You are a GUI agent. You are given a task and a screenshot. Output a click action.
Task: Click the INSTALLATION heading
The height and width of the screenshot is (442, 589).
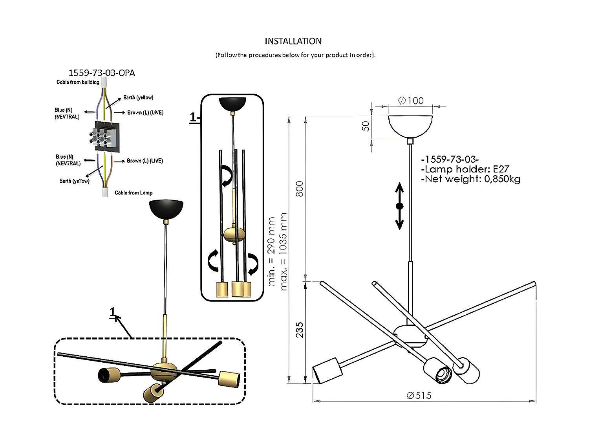[x=293, y=41]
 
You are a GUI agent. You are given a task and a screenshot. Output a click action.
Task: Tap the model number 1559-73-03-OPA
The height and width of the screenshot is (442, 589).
[x=102, y=73]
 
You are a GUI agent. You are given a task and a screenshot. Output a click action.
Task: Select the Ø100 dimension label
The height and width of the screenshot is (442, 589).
[x=411, y=101]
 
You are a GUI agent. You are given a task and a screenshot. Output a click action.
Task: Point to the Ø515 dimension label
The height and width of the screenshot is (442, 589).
[x=419, y=396]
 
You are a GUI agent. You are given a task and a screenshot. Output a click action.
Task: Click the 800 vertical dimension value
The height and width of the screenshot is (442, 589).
[x=300, y=189]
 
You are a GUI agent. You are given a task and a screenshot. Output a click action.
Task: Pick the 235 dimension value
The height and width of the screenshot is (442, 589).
[x=300, y=330]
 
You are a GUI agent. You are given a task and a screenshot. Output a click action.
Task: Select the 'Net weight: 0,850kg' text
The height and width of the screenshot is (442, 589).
[x=471, y=179]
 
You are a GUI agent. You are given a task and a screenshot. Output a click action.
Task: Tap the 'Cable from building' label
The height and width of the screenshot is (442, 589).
[x=78, y=82]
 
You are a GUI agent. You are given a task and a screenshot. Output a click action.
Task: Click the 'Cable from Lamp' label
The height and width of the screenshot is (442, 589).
[x=134, y=193]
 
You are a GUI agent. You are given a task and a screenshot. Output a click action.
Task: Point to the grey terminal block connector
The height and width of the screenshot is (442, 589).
[x=105, y=137]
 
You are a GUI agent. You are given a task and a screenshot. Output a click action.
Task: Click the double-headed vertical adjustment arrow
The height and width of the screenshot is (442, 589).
[x=399, y=206]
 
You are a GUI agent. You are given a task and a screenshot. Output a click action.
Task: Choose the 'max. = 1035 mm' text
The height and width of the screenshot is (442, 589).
[x=284, y=251]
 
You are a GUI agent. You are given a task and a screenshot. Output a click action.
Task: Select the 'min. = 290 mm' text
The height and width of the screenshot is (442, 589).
[x=271, y=251]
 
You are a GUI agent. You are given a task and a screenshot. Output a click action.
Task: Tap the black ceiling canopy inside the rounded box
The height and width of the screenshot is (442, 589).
[x=232, y=104]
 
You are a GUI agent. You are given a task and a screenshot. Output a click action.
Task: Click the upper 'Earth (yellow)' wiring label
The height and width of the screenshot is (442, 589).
[x=138, y=97]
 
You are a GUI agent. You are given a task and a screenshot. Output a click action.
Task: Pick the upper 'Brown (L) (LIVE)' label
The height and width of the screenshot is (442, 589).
[x=145, y=113]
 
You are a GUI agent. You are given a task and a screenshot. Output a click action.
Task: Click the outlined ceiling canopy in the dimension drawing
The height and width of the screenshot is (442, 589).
[x=410, y=125]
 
